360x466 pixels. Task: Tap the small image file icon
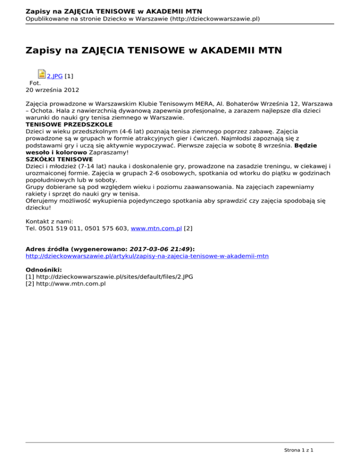point(41,75)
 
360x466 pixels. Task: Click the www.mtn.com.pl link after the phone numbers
point(157,229)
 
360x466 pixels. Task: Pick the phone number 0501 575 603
point(106,229)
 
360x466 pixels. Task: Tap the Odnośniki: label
point(45,270)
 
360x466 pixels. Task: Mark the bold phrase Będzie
point(305,145)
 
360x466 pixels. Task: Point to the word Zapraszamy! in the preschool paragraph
point(110,152)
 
